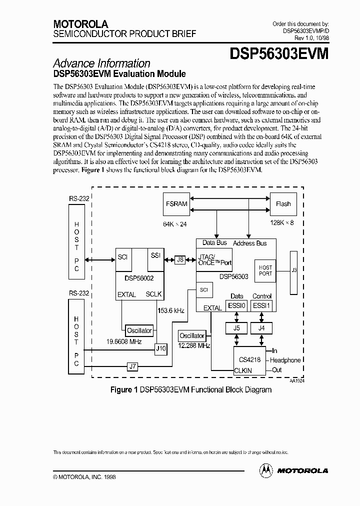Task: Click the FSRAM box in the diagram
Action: (176, 204)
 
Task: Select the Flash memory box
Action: (283, 204)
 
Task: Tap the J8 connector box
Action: (180, 259)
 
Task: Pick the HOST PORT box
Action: (265, 270)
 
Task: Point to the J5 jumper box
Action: (236, 328)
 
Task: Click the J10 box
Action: (161, 348)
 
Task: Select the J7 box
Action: (132, 366)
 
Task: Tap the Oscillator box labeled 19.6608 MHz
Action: (139, 330)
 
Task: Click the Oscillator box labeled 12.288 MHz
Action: (192, 336)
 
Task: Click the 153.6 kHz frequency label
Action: (171, 310)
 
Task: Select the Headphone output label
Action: (285, 360)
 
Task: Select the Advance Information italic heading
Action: (101, 63)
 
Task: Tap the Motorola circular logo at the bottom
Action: (266, 470)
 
